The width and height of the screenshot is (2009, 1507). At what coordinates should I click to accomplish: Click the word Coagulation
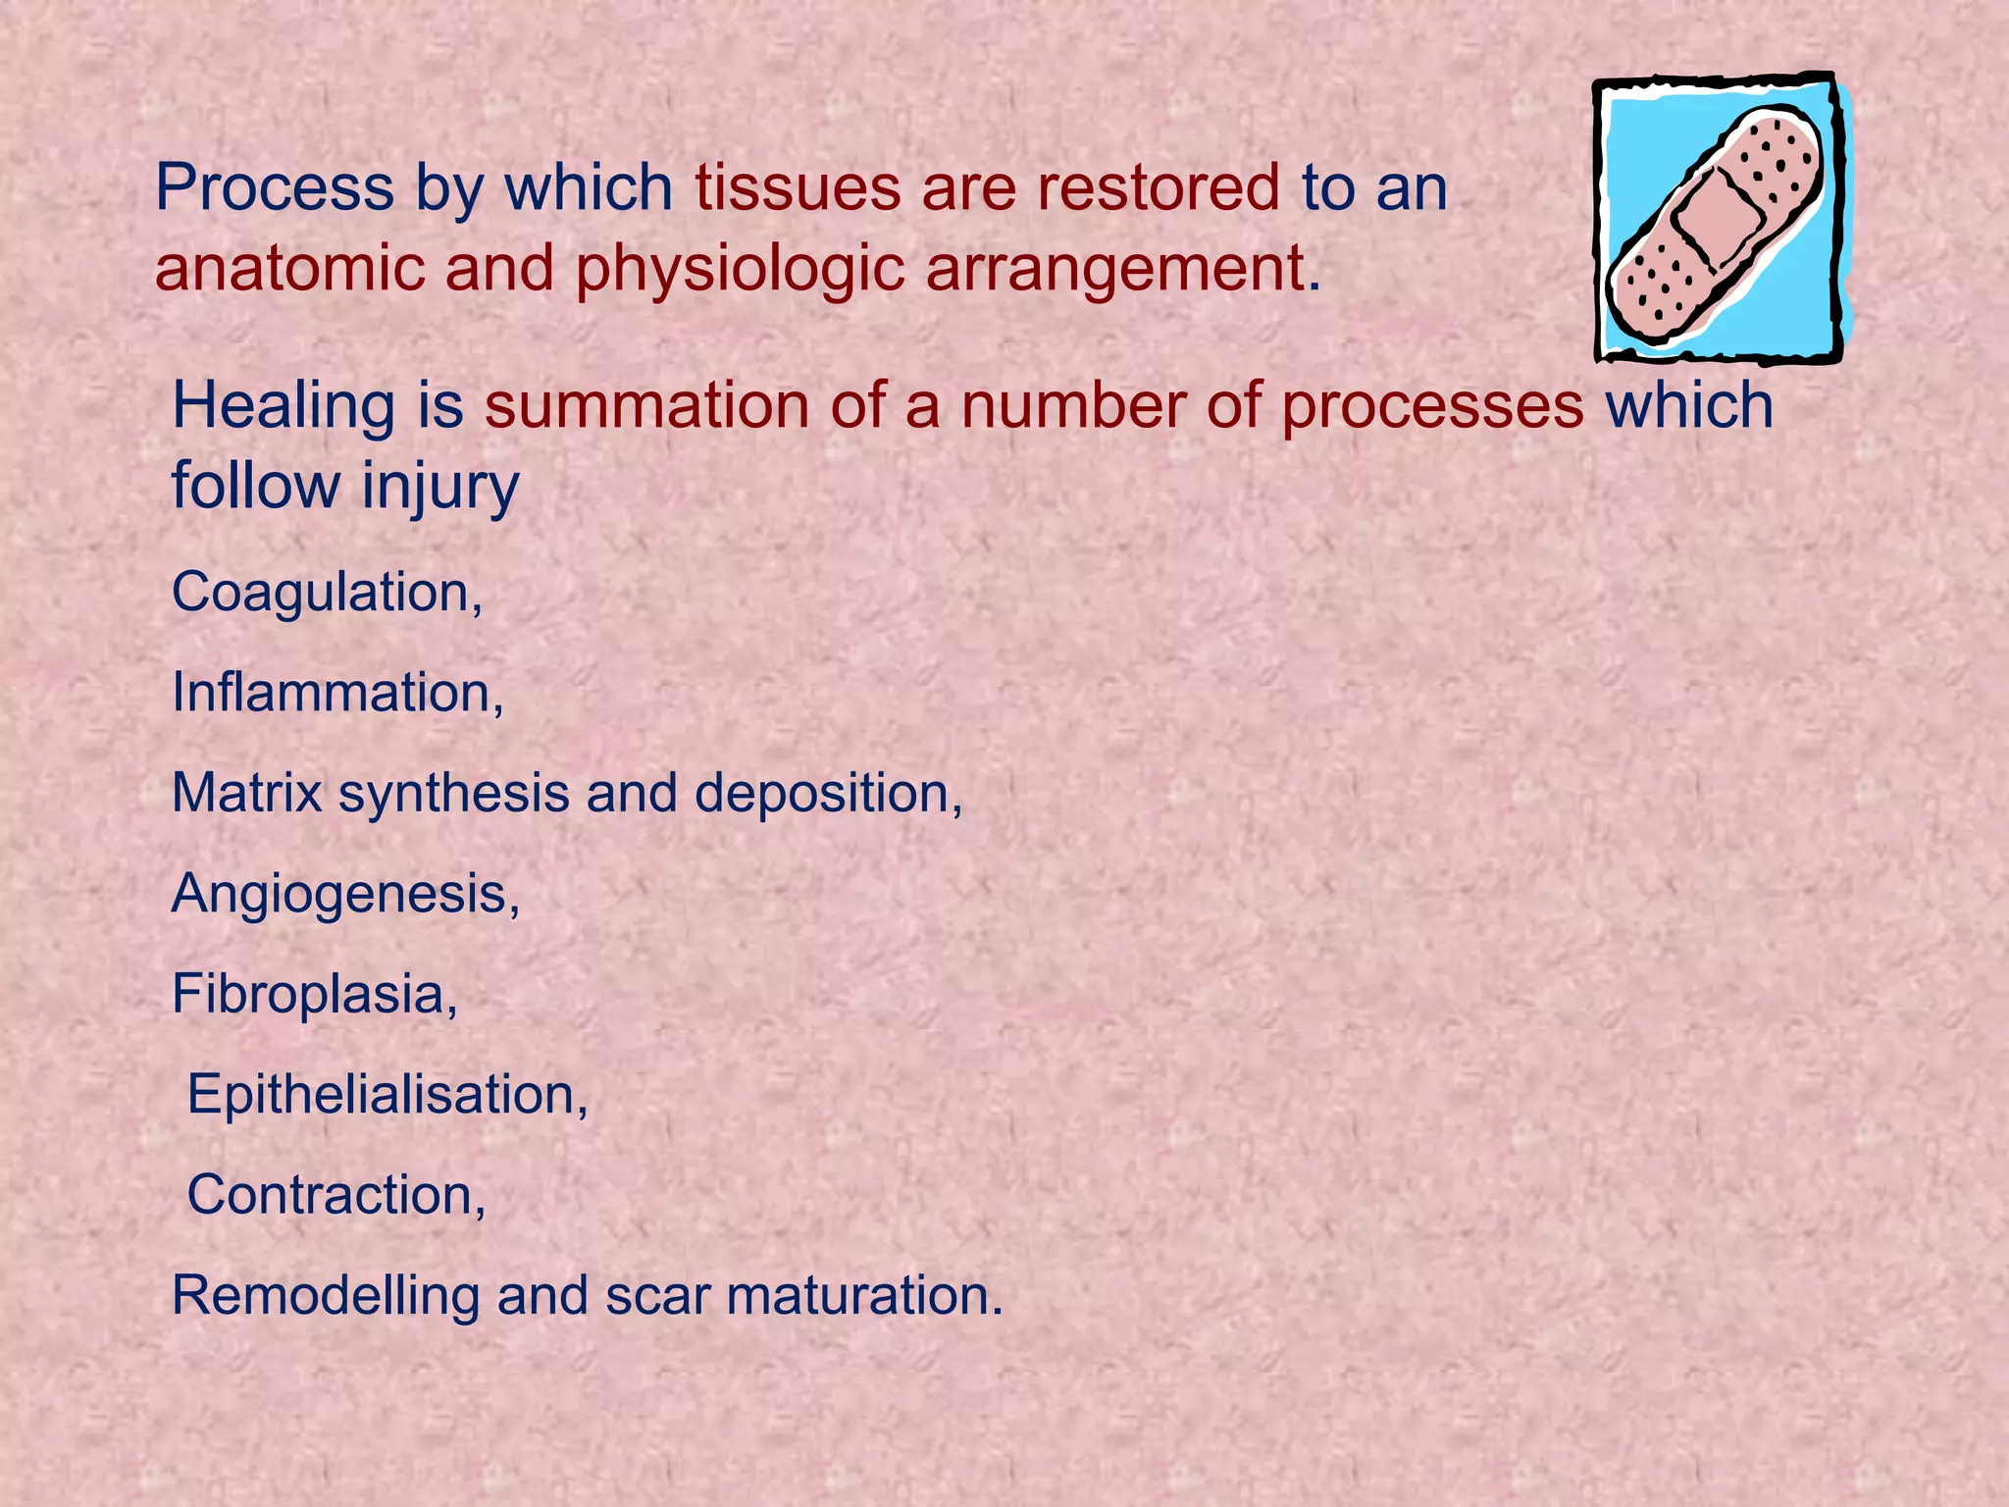(x=324, y=594)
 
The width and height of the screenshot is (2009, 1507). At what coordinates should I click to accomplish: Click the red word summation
(x=646, y=406)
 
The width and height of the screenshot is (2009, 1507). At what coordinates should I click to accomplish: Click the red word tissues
(x=798, y=188)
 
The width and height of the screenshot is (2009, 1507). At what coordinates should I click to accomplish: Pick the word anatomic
(x=289, y=269)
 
